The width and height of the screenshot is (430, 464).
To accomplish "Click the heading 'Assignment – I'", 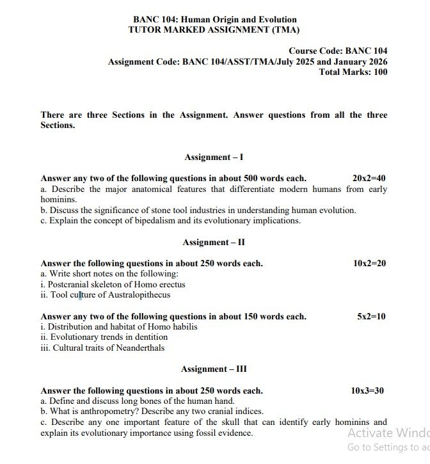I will (x=214, y=157).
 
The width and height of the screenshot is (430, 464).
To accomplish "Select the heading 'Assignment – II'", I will (x=214, y=243).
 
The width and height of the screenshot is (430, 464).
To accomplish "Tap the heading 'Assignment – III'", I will (x=214, y=369).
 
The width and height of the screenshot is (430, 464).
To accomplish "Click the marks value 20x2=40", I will (x=369, y=179).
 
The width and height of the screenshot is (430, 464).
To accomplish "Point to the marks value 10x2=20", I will (x=369, y=264).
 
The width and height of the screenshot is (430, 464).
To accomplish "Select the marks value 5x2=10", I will (x=371, y=316).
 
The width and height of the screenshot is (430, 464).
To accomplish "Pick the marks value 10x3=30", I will (x=367, y=390).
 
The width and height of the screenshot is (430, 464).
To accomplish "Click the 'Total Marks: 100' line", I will (x=353, y=72).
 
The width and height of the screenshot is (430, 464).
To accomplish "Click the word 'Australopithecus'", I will (x=139, y=295).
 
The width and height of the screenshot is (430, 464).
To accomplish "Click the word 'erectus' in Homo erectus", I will (x=170, y=284).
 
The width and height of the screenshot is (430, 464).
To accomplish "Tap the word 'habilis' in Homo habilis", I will (x=183, y=326).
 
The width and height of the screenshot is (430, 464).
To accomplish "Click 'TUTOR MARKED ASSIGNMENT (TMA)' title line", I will (x=214, y=29).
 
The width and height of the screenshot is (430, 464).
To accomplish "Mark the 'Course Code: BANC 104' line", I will (x=338, y=51).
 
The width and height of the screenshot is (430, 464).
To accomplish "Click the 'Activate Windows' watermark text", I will (x=388, y=433).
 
